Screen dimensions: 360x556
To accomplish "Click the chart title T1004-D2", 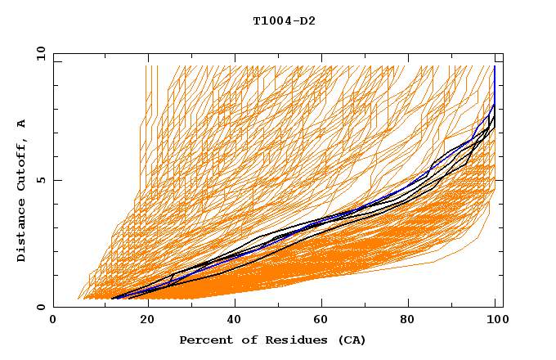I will [x=284, y=20].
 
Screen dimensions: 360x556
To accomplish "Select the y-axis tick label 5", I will [x=40, y=180].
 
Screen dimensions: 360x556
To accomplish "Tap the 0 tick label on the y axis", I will [x=40, y=307].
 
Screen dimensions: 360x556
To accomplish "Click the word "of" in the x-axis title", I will [x=244, y=340].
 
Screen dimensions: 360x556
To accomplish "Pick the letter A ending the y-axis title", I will [x=21, y=124].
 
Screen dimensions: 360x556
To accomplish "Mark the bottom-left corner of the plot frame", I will [x=53, y=307].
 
